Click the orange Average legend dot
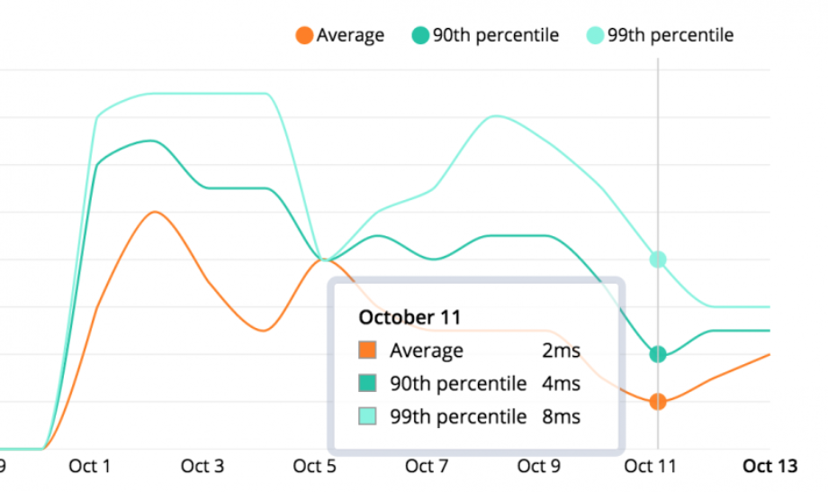click(304, 35)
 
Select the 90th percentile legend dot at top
click(420, 35)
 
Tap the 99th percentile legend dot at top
click(595, 35)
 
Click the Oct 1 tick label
click(90, 466)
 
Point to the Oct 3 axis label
click(202, 466)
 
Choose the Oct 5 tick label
click(315, 466)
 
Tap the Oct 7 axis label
click(427, 466)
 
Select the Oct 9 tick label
click(538, 466)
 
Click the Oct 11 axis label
click(650, 466)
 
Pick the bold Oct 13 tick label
click(769, 466)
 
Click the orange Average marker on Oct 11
click(658, 402)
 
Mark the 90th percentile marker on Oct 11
click(658, 354)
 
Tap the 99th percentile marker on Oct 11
click(658, 260)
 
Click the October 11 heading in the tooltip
click(409, 317)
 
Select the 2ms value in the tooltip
click(561, 351)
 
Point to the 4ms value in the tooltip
click(561, 384)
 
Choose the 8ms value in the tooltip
click(561, 417)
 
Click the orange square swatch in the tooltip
click(367, 350)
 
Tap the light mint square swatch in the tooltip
click(367, 416)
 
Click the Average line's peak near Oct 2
click(155, 212)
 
